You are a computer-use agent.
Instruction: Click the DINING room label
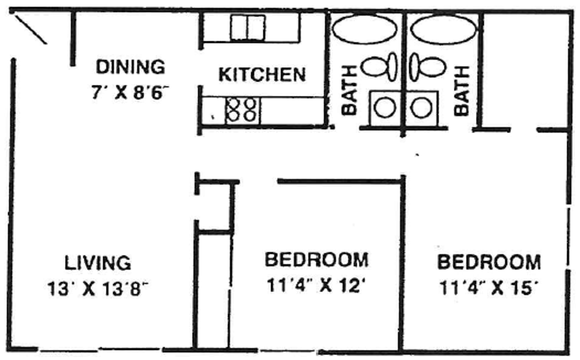[130, 67]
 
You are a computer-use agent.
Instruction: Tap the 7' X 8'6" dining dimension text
[130, 92]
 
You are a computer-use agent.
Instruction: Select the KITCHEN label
[262, 75]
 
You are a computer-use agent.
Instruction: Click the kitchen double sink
[248, 27]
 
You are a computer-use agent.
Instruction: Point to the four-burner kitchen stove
[242, 111]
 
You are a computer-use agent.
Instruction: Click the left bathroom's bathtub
[364, 29]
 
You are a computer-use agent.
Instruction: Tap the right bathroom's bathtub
[443, 29]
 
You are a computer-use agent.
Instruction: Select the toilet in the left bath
[379, 67]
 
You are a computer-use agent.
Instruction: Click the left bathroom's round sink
[385, 108]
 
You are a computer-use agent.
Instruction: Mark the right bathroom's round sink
[421, 108]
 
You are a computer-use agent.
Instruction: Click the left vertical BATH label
[349, 91]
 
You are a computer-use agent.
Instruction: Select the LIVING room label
[98, 263]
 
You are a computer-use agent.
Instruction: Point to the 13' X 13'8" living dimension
[98, 289]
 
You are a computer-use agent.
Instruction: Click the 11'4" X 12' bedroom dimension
[316, 285]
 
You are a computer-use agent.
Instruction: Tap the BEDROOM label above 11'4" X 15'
[489, 262]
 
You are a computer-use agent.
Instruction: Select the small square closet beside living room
[215, 207]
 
